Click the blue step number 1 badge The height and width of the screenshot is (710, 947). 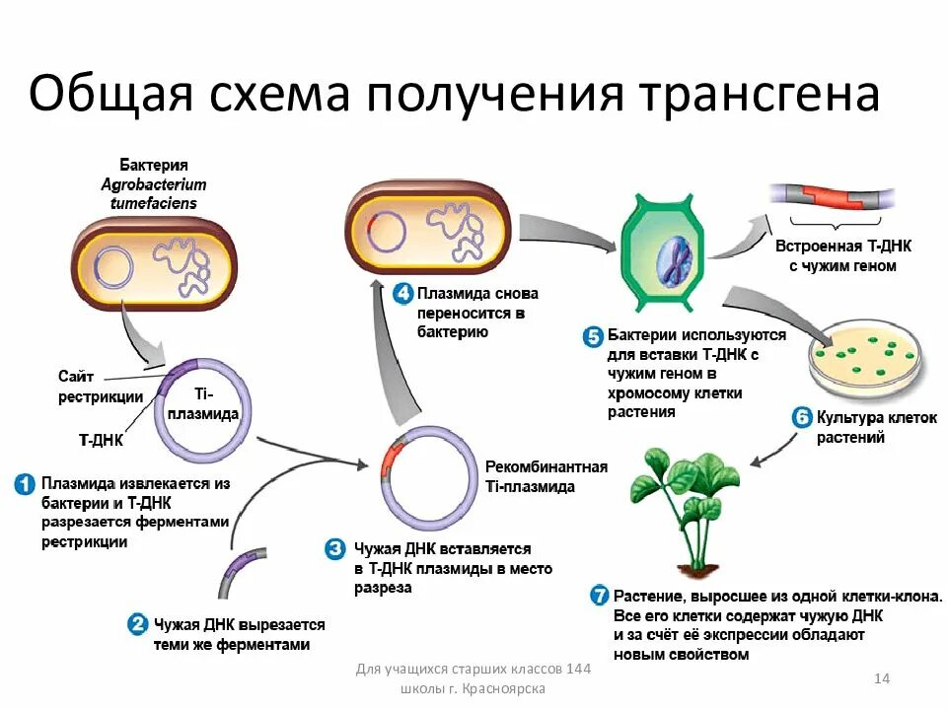25,484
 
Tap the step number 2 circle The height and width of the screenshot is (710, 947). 138,624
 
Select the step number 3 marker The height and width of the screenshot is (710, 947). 337,548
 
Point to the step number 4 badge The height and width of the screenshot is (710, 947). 402,294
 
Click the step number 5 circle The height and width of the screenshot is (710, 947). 593,336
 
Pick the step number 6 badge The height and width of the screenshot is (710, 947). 802,417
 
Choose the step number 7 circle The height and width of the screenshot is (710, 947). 599,597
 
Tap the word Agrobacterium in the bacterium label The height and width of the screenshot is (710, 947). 154,184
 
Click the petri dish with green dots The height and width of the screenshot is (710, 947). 865,362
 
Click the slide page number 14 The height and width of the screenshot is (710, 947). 882,678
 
